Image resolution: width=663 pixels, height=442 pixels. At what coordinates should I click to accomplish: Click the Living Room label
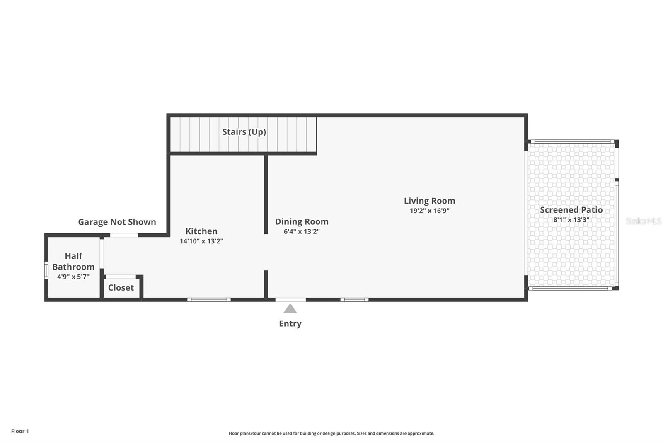point(429,201)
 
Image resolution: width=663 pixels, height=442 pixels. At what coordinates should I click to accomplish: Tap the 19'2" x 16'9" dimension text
point(429,211)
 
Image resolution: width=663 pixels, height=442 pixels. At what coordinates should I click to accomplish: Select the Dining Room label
point(302,221)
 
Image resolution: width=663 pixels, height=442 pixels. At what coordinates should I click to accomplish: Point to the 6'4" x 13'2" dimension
point(302,231)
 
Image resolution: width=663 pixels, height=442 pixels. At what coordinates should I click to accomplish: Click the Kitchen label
point(201,231)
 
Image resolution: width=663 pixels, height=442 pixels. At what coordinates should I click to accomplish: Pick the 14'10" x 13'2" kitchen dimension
point(201,241)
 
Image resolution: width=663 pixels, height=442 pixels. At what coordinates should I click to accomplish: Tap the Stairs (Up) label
point(244,132)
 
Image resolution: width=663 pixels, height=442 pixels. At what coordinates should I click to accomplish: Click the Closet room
point(121,287)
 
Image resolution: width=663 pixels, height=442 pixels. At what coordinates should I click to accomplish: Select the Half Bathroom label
point(73,261)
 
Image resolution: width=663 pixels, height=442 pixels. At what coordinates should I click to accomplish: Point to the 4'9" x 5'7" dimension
point(73,277)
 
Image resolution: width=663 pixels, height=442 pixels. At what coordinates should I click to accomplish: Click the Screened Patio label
point(571,210)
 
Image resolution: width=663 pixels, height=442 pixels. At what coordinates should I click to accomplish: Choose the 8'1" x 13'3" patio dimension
point(571,220)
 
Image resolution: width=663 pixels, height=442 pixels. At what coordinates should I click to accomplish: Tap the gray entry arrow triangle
point(290,309)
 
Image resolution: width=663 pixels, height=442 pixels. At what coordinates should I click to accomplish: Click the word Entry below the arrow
point(290,323)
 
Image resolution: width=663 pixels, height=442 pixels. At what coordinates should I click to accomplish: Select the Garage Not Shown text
point(117,222)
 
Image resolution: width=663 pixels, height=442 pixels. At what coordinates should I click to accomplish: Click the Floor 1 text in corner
point(20,431)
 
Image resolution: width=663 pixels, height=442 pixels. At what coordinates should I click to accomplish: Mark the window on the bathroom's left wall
point(46,270)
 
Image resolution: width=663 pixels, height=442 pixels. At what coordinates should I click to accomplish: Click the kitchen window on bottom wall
point(209,299)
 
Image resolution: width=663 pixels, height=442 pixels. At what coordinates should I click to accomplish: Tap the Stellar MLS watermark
point(643,221)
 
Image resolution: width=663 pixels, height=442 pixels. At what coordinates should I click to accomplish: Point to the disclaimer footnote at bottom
point(331,433)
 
